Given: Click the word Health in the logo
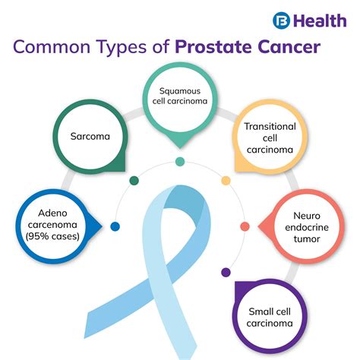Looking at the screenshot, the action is point(321,21).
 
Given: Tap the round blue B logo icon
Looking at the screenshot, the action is point(281,21).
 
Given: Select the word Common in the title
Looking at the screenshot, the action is point(52,47).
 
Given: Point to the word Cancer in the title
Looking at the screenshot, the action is point(289,47).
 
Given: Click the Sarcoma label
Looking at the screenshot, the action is point(90,137).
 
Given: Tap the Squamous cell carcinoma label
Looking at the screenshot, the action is point(180,96).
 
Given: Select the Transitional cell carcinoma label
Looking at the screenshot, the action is point(270,138).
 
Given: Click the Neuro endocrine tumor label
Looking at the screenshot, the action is point(307,227).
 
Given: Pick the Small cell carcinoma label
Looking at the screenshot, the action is point(270,317).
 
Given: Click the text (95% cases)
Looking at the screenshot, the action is point(52,236).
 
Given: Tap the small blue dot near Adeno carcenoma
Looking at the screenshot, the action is point(115,226).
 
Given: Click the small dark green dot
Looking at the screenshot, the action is point(134,181).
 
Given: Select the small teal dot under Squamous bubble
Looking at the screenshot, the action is point(180,162).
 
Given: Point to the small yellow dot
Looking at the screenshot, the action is point(226,181).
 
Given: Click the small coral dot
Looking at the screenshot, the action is point(245,226).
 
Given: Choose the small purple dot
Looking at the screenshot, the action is point(226,273).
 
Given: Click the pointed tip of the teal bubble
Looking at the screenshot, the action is point(180,148).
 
